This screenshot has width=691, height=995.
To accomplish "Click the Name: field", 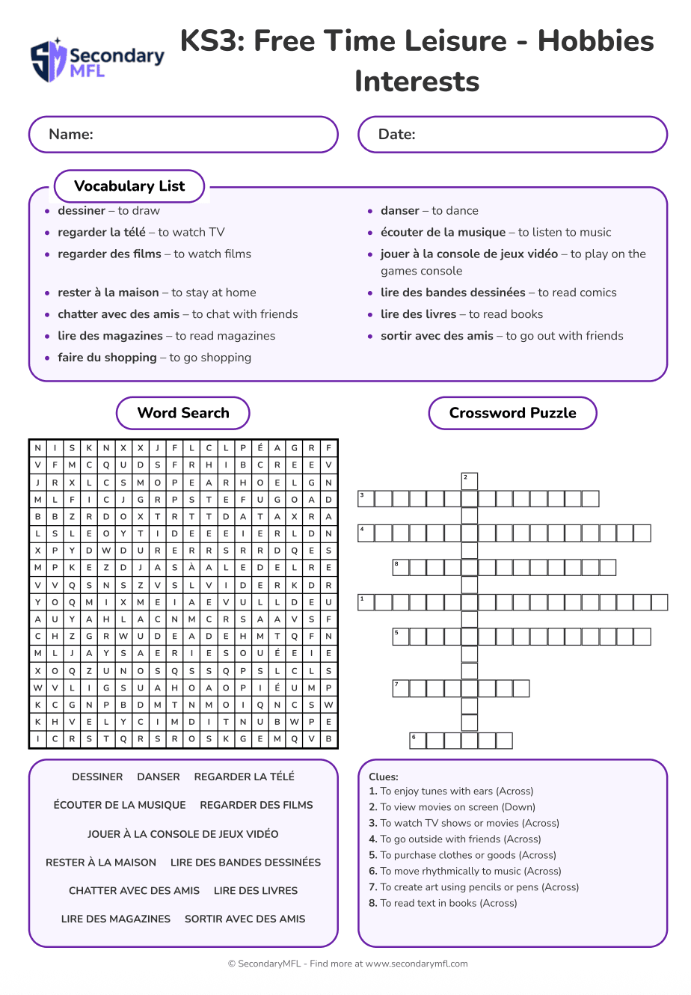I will click(x=183, y=135).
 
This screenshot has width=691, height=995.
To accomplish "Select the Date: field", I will click(x=512, y=135).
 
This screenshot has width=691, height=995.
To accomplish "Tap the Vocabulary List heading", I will click(x=129, y=186).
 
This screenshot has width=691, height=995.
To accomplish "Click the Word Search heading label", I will click(x=183, y=413).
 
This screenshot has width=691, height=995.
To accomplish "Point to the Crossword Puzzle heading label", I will click(x=512, y=413).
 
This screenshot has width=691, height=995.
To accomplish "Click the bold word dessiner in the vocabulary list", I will click(x=82, y=211).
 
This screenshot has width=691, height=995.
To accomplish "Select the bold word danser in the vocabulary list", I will click(x=400, y=211).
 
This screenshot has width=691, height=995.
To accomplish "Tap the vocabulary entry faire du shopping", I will click(x=107, y=358).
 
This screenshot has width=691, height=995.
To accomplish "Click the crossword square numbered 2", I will click(x=469, y=481).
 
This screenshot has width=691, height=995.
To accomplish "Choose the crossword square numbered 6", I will click(x=417, y=741).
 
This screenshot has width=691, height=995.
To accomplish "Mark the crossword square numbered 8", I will click(x=400, y=568).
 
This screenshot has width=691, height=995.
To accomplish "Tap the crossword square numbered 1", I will click(x=366, y=602).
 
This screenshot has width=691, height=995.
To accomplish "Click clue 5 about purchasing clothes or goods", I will click(x=462, y=855).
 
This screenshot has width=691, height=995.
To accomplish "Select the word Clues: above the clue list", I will click(x=384, y=777).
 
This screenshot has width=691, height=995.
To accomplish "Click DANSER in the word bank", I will click(x=159, y=777).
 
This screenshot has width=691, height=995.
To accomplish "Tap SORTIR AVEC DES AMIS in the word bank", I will click(x=245, y=919).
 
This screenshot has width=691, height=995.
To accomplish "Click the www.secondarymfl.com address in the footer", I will click(x=417, y=964).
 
